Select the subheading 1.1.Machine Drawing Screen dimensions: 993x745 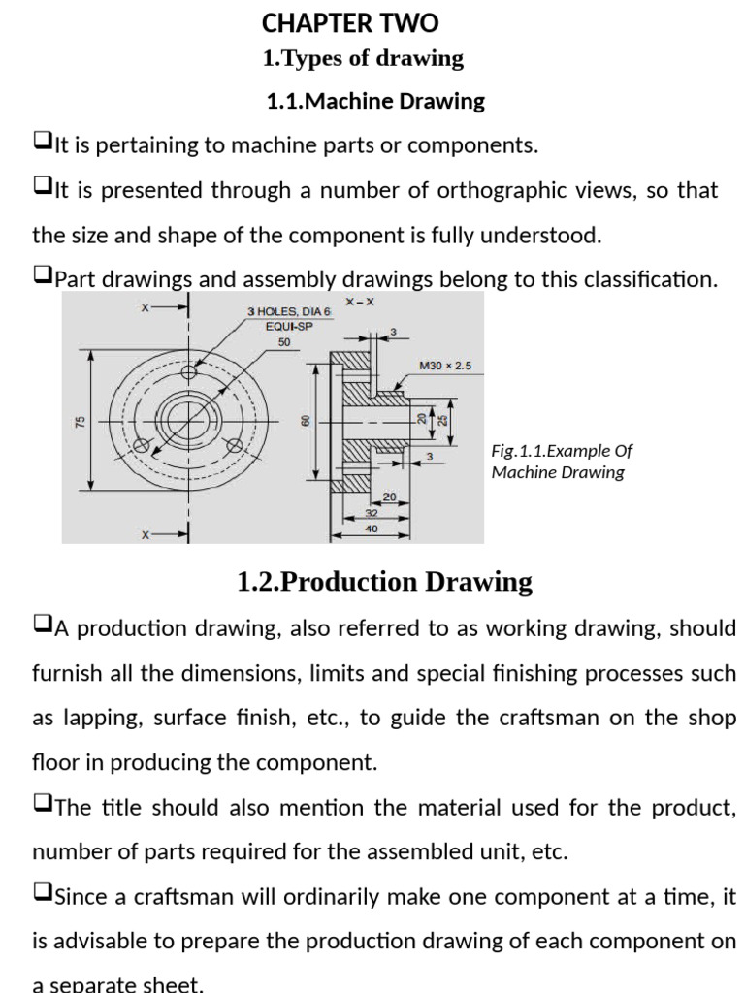pos(375,101)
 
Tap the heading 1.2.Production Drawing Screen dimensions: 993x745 pos(384,582)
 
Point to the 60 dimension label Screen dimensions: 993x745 pos(305,421)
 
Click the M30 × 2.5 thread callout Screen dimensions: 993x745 pos(444,367)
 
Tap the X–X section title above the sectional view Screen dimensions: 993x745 pos(359,302)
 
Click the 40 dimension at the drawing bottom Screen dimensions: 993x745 pos(372,529)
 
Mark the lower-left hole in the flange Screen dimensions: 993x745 pos(142,446)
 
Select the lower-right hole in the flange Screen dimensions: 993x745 pos(234,446)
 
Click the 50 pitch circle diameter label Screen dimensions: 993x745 pos(284,342)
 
